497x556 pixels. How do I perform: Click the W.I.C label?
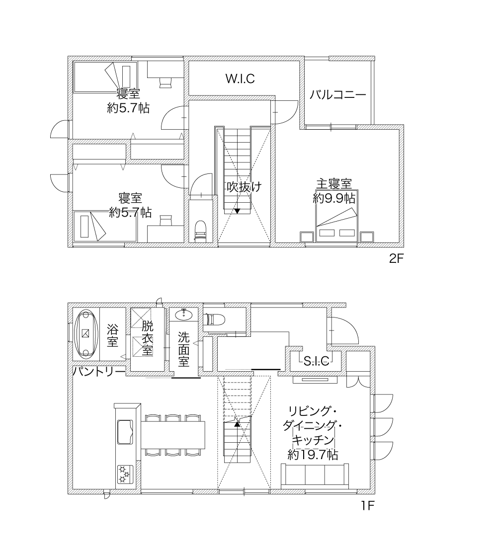240,79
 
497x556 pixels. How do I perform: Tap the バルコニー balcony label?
338,95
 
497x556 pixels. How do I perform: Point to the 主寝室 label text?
334,184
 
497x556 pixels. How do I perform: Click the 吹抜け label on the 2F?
245,186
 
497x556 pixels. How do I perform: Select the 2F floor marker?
396,259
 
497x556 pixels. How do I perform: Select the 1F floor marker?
368,505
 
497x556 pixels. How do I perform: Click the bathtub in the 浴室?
85,333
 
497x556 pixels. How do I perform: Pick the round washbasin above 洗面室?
184,314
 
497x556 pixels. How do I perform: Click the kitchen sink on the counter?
125,432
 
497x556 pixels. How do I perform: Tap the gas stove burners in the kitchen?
125,475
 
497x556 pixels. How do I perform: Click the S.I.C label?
317,361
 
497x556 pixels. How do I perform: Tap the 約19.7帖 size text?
313,454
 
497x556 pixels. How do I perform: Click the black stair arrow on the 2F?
238,211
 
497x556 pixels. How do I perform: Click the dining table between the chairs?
173,435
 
